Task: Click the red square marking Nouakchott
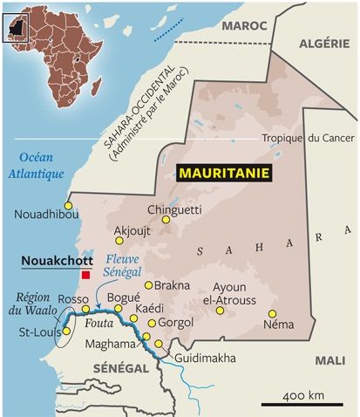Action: coord(85,275)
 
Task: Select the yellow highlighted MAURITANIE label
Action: coord(224,173)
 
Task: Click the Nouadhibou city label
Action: coord(47,215)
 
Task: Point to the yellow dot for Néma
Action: coord(272,313)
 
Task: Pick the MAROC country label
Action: coord(243,26)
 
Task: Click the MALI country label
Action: coord(329,359)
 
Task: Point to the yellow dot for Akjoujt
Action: coord(119,240)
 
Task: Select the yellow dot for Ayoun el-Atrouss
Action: coord(221,310)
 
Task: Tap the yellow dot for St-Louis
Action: coord(66,331)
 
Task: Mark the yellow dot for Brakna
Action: coord(149,284)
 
